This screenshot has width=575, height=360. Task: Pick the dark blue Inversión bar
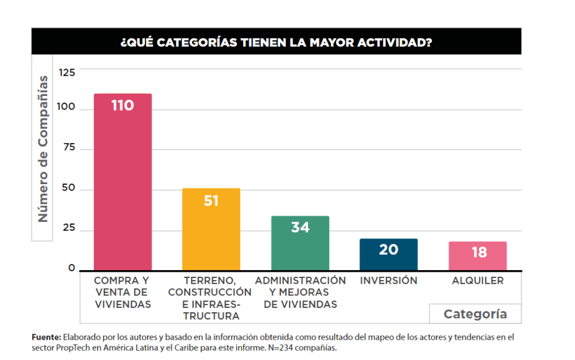coord(389,256)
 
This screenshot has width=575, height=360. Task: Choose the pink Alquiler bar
coord(477,258)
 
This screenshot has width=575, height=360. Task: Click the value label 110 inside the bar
coord(122,106)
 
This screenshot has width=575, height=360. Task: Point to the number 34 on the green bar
coord(300,227)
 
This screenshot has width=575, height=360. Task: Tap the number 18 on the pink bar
coord(479,253)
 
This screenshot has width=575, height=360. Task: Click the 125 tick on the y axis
coord(67,72)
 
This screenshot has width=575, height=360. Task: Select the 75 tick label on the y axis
coord(70,149)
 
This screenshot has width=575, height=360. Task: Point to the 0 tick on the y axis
coord(72,268)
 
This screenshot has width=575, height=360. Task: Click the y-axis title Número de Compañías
coord(43,149)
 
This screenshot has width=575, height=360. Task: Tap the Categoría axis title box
coord(475,314)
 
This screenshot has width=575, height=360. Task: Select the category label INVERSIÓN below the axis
coord(389,280)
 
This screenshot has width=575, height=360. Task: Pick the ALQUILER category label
coord(478,280)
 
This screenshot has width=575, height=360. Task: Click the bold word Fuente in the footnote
coord(45,337)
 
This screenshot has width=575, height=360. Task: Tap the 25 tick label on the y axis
coord(70,230)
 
